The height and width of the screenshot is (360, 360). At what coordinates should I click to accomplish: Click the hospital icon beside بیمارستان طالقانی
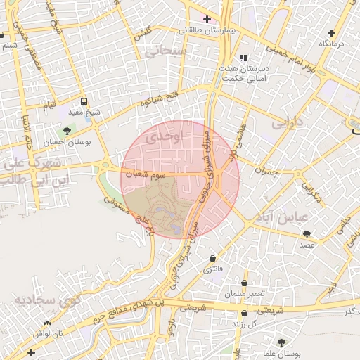[206, 18]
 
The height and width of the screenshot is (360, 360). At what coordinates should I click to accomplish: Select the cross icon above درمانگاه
[331, 33]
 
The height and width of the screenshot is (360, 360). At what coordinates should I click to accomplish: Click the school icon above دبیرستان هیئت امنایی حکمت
[243, 58]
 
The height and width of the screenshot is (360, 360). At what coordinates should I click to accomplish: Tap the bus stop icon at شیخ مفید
[84, 101]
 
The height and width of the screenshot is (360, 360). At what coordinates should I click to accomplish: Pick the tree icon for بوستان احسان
[67, 130]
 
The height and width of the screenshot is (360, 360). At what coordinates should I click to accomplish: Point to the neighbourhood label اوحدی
[166, 138]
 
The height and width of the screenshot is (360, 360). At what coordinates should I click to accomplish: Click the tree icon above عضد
[306, 234]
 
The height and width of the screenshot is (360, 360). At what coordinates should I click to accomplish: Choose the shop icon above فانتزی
[212, 259]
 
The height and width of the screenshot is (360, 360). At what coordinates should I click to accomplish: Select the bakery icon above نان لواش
[48, 323]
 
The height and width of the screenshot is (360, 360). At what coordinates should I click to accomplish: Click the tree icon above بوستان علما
[281, 342]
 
